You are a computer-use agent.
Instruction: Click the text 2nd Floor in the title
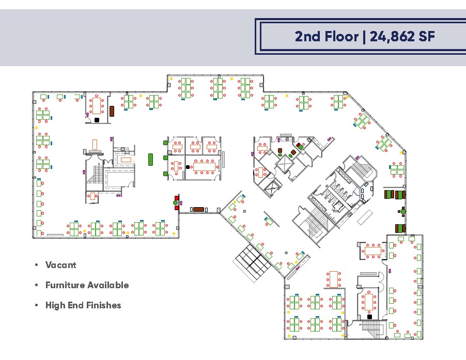pos(326,36)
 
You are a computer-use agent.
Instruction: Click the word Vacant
pos(60,265)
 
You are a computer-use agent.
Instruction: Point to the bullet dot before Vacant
pos(36,265)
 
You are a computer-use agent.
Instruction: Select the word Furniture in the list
pos(65,285)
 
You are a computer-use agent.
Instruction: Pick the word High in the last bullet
pos(55,305)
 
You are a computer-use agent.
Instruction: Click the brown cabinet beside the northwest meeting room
pos(112,111)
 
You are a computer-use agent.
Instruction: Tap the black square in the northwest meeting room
pos(97,120)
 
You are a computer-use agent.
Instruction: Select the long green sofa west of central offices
pos(150,159)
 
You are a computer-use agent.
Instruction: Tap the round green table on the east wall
pos(403,211)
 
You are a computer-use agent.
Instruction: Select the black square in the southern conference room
pos(369,316)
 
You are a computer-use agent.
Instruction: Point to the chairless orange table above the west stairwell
pos(95,143)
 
